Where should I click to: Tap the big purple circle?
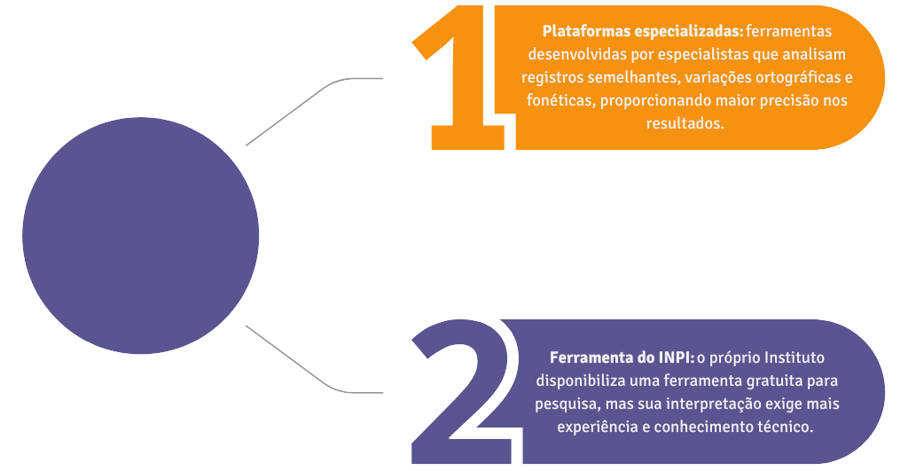140,236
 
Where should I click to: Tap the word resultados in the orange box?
685,124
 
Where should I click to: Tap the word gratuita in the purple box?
771,381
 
